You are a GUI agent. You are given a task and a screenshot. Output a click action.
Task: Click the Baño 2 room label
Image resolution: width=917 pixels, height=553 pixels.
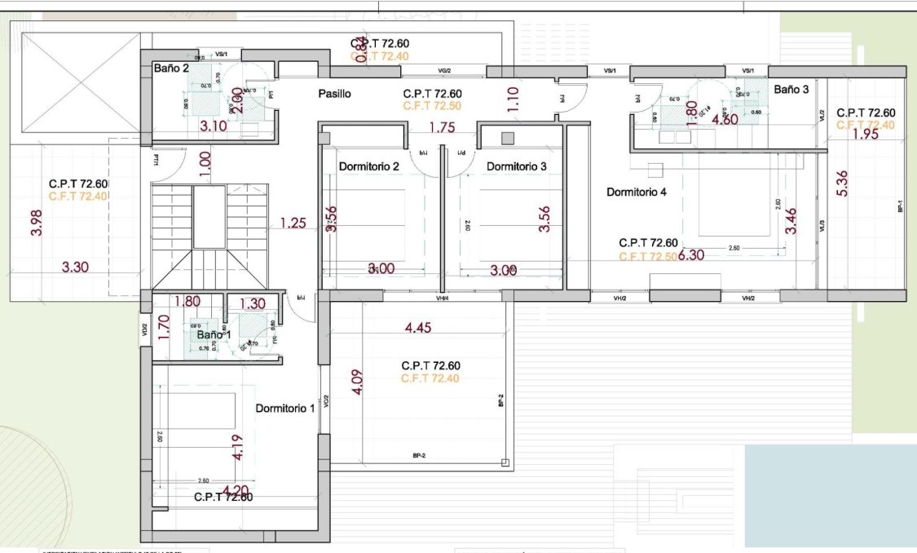coord(171,69)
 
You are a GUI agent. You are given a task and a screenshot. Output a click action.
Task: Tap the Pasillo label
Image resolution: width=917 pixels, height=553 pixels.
coord(334,95)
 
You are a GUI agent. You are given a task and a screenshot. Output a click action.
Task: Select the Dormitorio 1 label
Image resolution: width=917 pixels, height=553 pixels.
coord(284,408)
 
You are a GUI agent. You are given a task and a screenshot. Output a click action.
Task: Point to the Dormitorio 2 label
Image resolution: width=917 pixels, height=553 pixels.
coord(368,166)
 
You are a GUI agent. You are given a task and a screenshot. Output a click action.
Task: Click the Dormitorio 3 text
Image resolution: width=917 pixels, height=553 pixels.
coord(517,166)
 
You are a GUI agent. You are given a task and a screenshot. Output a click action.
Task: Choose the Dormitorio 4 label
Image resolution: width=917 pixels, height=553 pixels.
coord(637,192)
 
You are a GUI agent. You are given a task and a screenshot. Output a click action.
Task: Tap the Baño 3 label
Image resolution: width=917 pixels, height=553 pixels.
coord(791,90)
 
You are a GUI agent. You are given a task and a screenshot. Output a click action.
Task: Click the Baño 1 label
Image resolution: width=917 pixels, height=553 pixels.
coord(214,334)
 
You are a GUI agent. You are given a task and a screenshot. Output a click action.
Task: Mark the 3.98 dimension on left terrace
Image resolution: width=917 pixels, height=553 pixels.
coord(36,222)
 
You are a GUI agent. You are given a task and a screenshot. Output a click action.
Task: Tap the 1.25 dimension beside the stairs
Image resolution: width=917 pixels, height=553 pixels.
coord(293,223)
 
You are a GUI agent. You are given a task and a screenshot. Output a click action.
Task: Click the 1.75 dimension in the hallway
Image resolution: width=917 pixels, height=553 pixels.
coord(441,127)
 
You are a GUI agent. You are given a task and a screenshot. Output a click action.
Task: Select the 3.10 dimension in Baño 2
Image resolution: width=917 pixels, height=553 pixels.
coord(213,126)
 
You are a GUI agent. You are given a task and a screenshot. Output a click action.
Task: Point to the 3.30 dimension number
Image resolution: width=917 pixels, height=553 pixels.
coord(75,266)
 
